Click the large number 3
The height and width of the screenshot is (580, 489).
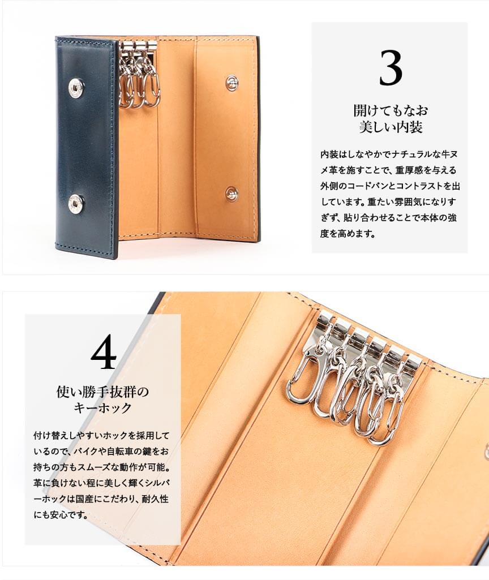(x=391, y=68)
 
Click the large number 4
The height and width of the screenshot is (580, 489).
(x=104, y=353)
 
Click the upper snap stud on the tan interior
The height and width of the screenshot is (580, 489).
(x=232, y=81)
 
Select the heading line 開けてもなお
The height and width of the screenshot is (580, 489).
(x=391, y=110)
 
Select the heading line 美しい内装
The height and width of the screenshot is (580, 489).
(x=391, y=127)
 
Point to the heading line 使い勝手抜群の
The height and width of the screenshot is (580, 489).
(x=102, y=392)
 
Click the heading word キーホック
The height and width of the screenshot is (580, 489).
(x=102, y=409)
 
